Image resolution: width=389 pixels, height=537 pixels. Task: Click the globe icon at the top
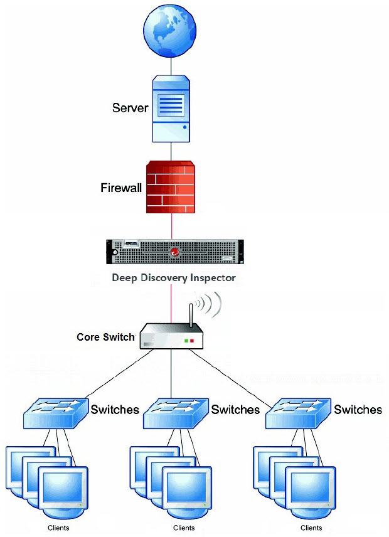pyautogui.click(x=171, y=28)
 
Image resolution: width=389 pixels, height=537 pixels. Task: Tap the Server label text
pyautogui.click(x=130, y=108)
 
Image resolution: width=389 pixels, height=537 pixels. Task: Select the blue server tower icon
pyautogui.click(x=171, y=108)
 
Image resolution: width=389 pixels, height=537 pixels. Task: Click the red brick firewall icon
pyautogui.click(x=171, y=186)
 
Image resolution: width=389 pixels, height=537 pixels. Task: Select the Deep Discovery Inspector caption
pyautogui.click(x=174, y=277)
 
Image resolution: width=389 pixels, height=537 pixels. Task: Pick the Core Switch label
pyautogui.click(x=105, y=337)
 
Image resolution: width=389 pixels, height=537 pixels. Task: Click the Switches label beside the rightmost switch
pyautogui.click(x=358, y=410)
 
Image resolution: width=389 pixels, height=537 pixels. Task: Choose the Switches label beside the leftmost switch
pyautogui.click(x=115, y=410)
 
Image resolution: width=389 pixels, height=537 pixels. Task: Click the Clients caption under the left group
pyautogui.click(x=58, y=528)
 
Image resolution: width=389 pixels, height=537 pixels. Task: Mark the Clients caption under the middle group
pyautogui.click(x=184, y=528)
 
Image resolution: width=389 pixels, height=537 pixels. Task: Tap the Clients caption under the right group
pyautogui.click(x=311, y=528)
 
